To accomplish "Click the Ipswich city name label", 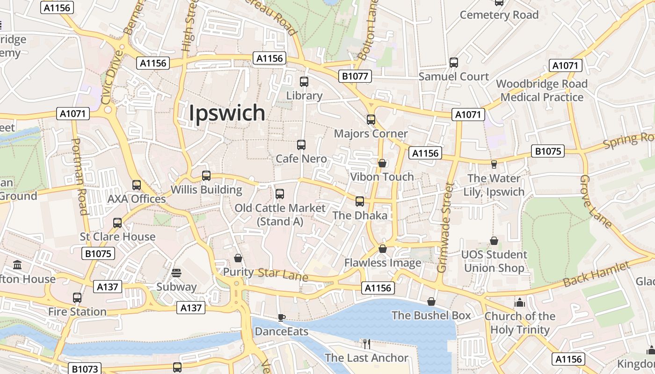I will (227, 113).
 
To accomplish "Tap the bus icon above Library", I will (304, 82).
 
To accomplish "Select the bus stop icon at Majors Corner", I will (371, 120).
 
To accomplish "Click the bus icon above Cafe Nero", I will (301, 145).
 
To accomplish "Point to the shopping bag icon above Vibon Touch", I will (382, 163).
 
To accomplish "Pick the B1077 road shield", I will (355, 76).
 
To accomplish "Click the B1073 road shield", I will (85, 369).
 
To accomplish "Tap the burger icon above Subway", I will (176, 273).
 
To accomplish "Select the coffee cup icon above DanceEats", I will (281, 318).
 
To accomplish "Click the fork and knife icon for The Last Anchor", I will (367, 344).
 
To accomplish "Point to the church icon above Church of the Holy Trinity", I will (519, 302).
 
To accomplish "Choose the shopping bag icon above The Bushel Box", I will (431, 302).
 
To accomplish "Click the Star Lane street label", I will (283, 274).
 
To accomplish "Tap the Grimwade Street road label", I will (445, 228).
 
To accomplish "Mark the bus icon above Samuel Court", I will (453, 63).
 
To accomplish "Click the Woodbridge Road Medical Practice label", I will (542, 91).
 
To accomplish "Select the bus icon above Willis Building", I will (206, 176).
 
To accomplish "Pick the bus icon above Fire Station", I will (77, 298).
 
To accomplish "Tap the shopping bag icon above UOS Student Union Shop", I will (494, 241).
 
